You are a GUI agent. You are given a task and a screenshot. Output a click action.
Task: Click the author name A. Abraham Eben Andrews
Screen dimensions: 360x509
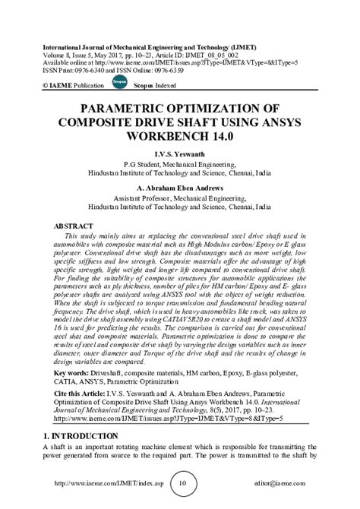click(179, 188)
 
